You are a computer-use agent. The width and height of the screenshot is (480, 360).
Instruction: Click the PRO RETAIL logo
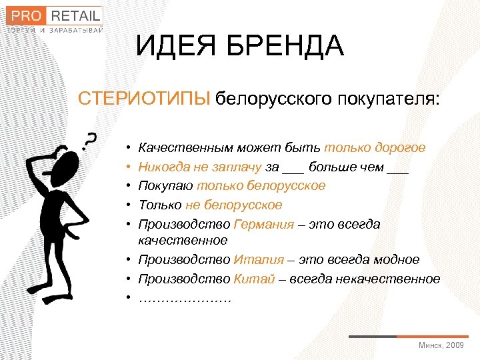click(55, 15)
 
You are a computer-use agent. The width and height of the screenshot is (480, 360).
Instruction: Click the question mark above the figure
click(88, 139)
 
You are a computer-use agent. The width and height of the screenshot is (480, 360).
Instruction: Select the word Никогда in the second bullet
click(163, 167)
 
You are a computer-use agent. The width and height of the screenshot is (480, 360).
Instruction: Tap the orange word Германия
click(263, 224)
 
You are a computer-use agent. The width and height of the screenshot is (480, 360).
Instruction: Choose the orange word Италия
click(255, 259)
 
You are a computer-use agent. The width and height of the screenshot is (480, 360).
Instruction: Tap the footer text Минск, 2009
click(441, 345)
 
